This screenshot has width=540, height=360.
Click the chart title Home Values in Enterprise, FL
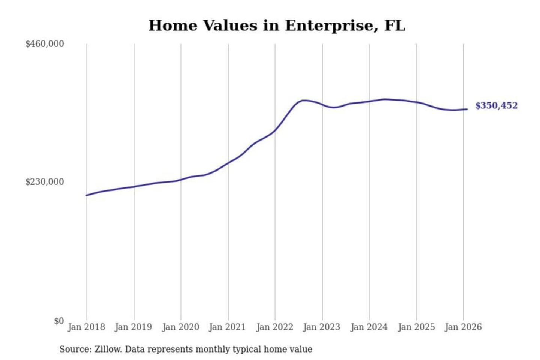tap(277, 25)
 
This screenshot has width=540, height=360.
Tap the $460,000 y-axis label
tap(45, 44)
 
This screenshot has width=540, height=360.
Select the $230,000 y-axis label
tap(45, 182)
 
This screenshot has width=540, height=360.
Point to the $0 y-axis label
tap(59, 321)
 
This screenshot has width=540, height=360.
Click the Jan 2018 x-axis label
tap(86, 327)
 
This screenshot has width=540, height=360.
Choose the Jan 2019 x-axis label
tap(133, 327)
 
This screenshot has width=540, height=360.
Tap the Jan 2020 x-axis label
tap(180, 327)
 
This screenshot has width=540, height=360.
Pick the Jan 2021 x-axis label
tap(228, 327)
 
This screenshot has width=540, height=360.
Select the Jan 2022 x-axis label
tap(274, 327)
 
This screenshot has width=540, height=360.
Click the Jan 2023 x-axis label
tap(322, 327)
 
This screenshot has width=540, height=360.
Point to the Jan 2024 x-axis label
tap(369, 327)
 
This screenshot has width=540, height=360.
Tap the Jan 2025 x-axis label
tap(416, 327)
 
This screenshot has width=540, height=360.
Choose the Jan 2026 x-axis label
tap(463, 327)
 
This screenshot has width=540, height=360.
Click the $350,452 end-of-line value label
tap(496, 106)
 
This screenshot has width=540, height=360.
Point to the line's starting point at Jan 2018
tap(87, 195)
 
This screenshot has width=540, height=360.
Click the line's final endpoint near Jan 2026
tap(467, 109)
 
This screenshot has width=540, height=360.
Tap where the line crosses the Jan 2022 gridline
tap(275, 131)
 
